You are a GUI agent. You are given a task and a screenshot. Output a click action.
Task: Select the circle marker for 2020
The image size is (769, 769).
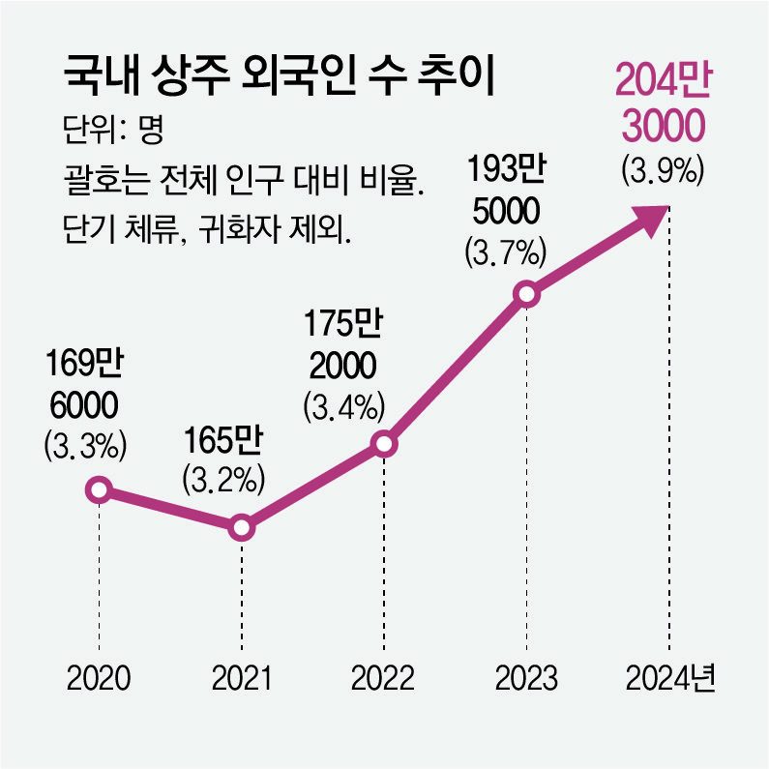coord(98,490)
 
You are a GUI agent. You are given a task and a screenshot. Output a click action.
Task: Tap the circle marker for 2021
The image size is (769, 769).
coord(241,528)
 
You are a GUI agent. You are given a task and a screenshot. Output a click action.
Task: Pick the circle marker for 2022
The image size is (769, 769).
coord(384,444)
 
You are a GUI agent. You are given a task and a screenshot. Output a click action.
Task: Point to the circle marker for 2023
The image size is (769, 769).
coord(526,294)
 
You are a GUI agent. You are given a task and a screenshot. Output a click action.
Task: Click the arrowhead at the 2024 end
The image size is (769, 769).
coord(655,217)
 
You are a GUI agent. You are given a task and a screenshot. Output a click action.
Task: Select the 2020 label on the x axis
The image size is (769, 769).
coord(98,678)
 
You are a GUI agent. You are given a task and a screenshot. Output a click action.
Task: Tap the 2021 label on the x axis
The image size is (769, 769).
coord(241,678)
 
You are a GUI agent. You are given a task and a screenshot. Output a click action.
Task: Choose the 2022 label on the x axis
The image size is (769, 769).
coord(384,678)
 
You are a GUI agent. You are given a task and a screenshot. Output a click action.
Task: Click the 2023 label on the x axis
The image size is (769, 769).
coord(526,678)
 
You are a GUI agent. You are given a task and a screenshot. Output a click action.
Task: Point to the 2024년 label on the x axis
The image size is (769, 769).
coord(669,678)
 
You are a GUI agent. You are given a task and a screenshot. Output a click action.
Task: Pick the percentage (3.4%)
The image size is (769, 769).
coord(344,405)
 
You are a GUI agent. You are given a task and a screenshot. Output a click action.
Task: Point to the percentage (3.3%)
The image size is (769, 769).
coord(85,446)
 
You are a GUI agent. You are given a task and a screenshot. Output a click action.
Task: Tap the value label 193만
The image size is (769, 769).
coord(507,173)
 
